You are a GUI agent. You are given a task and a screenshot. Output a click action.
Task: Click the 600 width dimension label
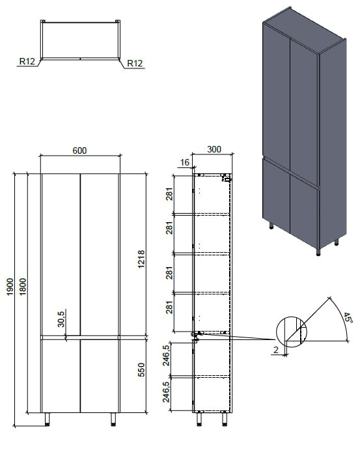[79, 150]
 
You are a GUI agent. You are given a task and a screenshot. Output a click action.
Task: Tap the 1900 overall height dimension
[10, 287]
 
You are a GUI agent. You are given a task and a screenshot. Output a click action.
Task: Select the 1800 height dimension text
[23, 287]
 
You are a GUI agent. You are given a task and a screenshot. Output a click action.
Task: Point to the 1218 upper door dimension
[141, 259]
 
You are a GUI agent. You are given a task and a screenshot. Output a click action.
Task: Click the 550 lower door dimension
[141, 369]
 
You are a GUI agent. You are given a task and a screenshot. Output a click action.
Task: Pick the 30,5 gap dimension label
[61, 319]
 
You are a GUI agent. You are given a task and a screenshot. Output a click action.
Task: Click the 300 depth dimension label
[214, 149]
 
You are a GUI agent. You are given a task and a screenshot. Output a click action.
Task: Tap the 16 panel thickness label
[185, 162]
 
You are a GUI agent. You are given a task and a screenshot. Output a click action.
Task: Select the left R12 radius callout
[27, 61]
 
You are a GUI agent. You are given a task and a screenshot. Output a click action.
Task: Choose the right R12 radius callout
[135, 63]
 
